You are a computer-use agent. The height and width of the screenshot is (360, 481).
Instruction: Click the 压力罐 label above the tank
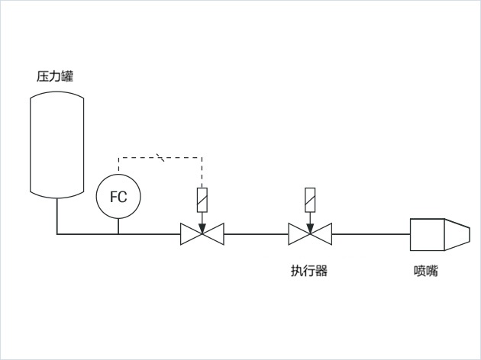[x=55, y=76]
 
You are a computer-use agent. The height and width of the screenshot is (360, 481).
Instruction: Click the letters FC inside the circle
[x=118, y=197]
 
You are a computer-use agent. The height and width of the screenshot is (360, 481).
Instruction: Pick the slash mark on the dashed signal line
[x=160, y=157]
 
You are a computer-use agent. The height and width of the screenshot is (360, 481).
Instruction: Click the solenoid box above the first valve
[x=202, y=200]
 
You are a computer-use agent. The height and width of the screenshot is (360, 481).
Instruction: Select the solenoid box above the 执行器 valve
[x=310, y=200]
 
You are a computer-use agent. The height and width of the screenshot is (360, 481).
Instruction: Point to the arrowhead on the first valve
[x=202, y=228]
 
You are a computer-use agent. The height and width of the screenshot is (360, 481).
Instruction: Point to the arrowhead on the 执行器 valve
[x=310, y=228]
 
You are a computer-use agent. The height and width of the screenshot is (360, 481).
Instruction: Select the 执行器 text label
[x=309, y=271]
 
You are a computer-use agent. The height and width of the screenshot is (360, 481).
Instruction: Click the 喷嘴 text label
[x=426, y=271]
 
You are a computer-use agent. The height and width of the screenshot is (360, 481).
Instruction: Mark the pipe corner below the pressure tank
[x=57, y=234]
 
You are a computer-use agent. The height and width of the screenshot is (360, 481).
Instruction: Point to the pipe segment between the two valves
[x=256, y=234]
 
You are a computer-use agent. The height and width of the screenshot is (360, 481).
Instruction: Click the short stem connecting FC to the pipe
[x=118, y=226]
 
